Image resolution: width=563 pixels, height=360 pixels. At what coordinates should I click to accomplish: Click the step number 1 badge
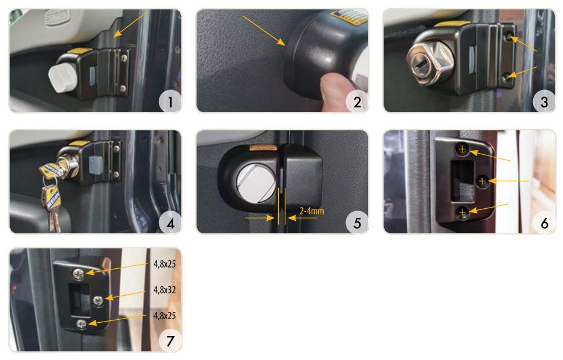[x=170, y=101]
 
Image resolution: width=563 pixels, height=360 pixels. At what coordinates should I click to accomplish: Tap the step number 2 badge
[x=357, y=101]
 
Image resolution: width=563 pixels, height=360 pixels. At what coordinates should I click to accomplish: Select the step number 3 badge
[x=544, y=101]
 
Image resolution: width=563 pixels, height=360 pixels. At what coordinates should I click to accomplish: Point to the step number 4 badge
[x=170, y=223]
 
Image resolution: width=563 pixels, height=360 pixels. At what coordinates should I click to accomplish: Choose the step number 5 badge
[x=357, y=223]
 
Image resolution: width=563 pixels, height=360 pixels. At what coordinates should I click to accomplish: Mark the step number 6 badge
[x=544, y=223]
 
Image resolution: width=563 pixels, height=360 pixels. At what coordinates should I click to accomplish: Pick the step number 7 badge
[x=170, y=341]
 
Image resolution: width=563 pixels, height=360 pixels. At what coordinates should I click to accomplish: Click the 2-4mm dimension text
[x=312, y=211]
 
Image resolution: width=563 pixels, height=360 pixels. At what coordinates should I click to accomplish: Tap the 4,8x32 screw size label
[x=165, y=290]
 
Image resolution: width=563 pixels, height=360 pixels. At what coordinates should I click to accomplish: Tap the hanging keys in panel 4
[x=50, y=195]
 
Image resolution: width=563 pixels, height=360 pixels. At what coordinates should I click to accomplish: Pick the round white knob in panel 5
[x=255, y=182]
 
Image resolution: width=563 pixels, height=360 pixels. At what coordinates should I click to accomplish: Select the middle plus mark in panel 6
[x=482, y=181]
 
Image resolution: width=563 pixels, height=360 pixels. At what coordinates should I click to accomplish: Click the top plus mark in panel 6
[x=462, y=149]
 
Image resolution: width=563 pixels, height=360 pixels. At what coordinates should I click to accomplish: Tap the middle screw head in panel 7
[x=98, y=300]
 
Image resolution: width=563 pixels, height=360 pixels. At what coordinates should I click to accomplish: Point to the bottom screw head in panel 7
[x=82, y=324]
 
